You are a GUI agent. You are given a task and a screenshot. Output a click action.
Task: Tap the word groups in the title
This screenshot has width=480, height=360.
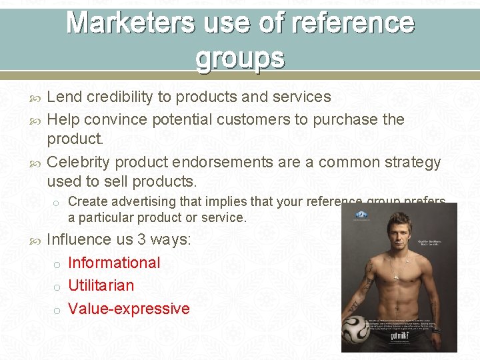240,58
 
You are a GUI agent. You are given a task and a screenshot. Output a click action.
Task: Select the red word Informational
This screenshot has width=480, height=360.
114,263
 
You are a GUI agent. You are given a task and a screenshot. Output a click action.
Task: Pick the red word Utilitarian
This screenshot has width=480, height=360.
101,285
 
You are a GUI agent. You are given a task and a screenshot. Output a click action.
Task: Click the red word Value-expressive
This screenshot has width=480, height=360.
129,309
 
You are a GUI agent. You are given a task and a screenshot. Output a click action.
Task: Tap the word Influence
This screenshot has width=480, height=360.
79,239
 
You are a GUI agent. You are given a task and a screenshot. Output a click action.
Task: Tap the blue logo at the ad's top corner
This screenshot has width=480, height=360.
361,214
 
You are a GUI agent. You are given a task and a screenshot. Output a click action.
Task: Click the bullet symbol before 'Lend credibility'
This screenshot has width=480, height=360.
37,97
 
